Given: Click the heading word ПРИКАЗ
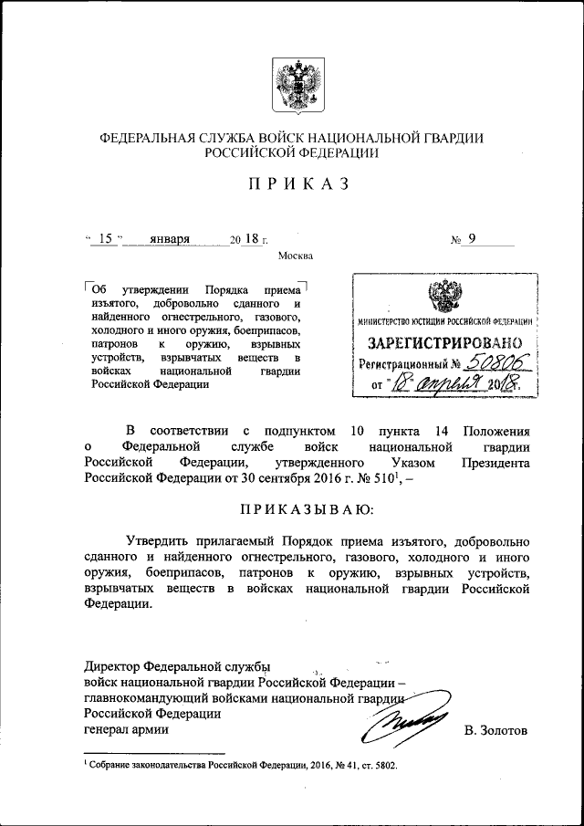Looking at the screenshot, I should click(291, 184).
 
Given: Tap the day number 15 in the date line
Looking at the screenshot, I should click(105, 239).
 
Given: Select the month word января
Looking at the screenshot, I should click(170, 239).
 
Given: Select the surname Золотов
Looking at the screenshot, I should click(495, 730).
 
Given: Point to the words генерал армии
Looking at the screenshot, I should click(126, 730).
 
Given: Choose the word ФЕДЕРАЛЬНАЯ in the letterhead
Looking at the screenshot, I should click(148, 138).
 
